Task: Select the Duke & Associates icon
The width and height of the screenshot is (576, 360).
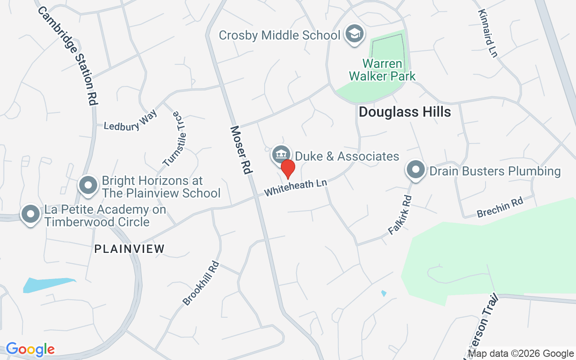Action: tap(281, 155)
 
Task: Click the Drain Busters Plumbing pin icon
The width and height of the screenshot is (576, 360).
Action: tap(416, 170)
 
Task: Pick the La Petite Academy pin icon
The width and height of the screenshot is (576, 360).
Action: tap(31, 214)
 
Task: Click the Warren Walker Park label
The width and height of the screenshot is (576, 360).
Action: tap(382, 70)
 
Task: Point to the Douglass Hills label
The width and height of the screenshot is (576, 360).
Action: tap(405, 112)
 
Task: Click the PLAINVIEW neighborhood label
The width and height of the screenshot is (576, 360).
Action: tap(130, 248)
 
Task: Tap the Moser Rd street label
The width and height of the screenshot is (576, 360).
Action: tap(242, 150)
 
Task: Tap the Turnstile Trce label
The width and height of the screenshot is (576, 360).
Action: tap(174, 139)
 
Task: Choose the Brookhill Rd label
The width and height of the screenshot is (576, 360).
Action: tap(201, 283)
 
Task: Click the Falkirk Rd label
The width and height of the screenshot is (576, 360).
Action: tap(400, 215)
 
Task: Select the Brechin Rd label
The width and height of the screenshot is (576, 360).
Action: tap(500, 207)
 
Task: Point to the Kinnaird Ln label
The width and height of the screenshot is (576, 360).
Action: tap(488, 34)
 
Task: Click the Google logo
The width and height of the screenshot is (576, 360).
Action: tap(30, 349)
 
